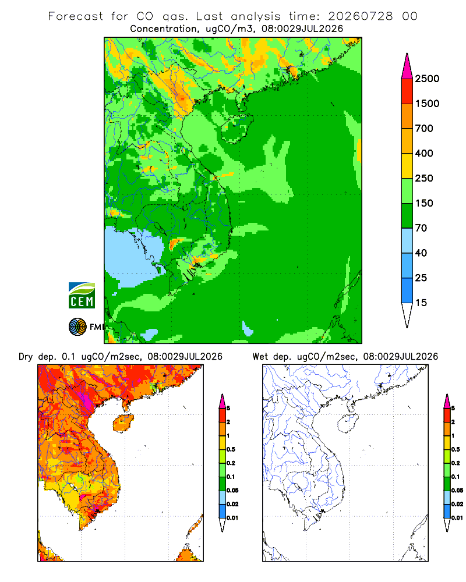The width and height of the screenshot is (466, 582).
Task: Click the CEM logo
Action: [82, 296]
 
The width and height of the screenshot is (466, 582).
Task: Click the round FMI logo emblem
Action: [77, 327]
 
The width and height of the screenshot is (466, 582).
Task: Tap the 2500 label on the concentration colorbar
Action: [427, 79]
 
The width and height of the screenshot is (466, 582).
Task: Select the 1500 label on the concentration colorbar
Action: [427, 104]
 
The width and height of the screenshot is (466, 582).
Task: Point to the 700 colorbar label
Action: [424, 129]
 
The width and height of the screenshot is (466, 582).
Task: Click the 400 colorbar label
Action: [424, 153]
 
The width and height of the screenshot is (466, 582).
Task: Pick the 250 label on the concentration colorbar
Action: [424, 178]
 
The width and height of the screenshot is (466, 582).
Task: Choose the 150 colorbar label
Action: [424, 203]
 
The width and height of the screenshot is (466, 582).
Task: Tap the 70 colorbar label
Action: [421, 228]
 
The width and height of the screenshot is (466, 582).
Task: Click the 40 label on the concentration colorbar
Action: [421, 253]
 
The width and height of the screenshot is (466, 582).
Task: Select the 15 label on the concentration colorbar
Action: [421, 303]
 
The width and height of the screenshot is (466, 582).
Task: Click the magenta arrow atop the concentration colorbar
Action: [407, 67]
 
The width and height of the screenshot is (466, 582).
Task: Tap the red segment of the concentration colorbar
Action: [407, 91]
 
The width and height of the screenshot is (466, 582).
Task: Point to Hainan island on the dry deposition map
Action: [123, 424]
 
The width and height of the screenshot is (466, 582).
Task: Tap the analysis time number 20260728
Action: [360, 16]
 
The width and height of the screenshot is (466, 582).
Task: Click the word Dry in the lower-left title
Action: [26, 357]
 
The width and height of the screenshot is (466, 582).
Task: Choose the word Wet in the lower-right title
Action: [260, 357]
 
